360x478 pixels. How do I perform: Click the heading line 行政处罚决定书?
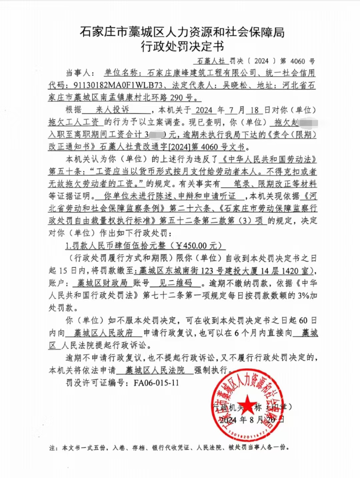point(182,47)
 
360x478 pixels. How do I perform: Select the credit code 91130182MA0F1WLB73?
point(118,85)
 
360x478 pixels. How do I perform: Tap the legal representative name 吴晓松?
point(235,85)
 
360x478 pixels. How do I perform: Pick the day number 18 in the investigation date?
point(254,110)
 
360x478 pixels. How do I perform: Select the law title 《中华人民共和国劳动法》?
point(269,159)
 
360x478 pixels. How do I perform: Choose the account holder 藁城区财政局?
point(102,283)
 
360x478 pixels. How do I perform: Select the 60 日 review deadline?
point(307,320)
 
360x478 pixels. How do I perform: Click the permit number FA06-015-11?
point(156,382)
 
